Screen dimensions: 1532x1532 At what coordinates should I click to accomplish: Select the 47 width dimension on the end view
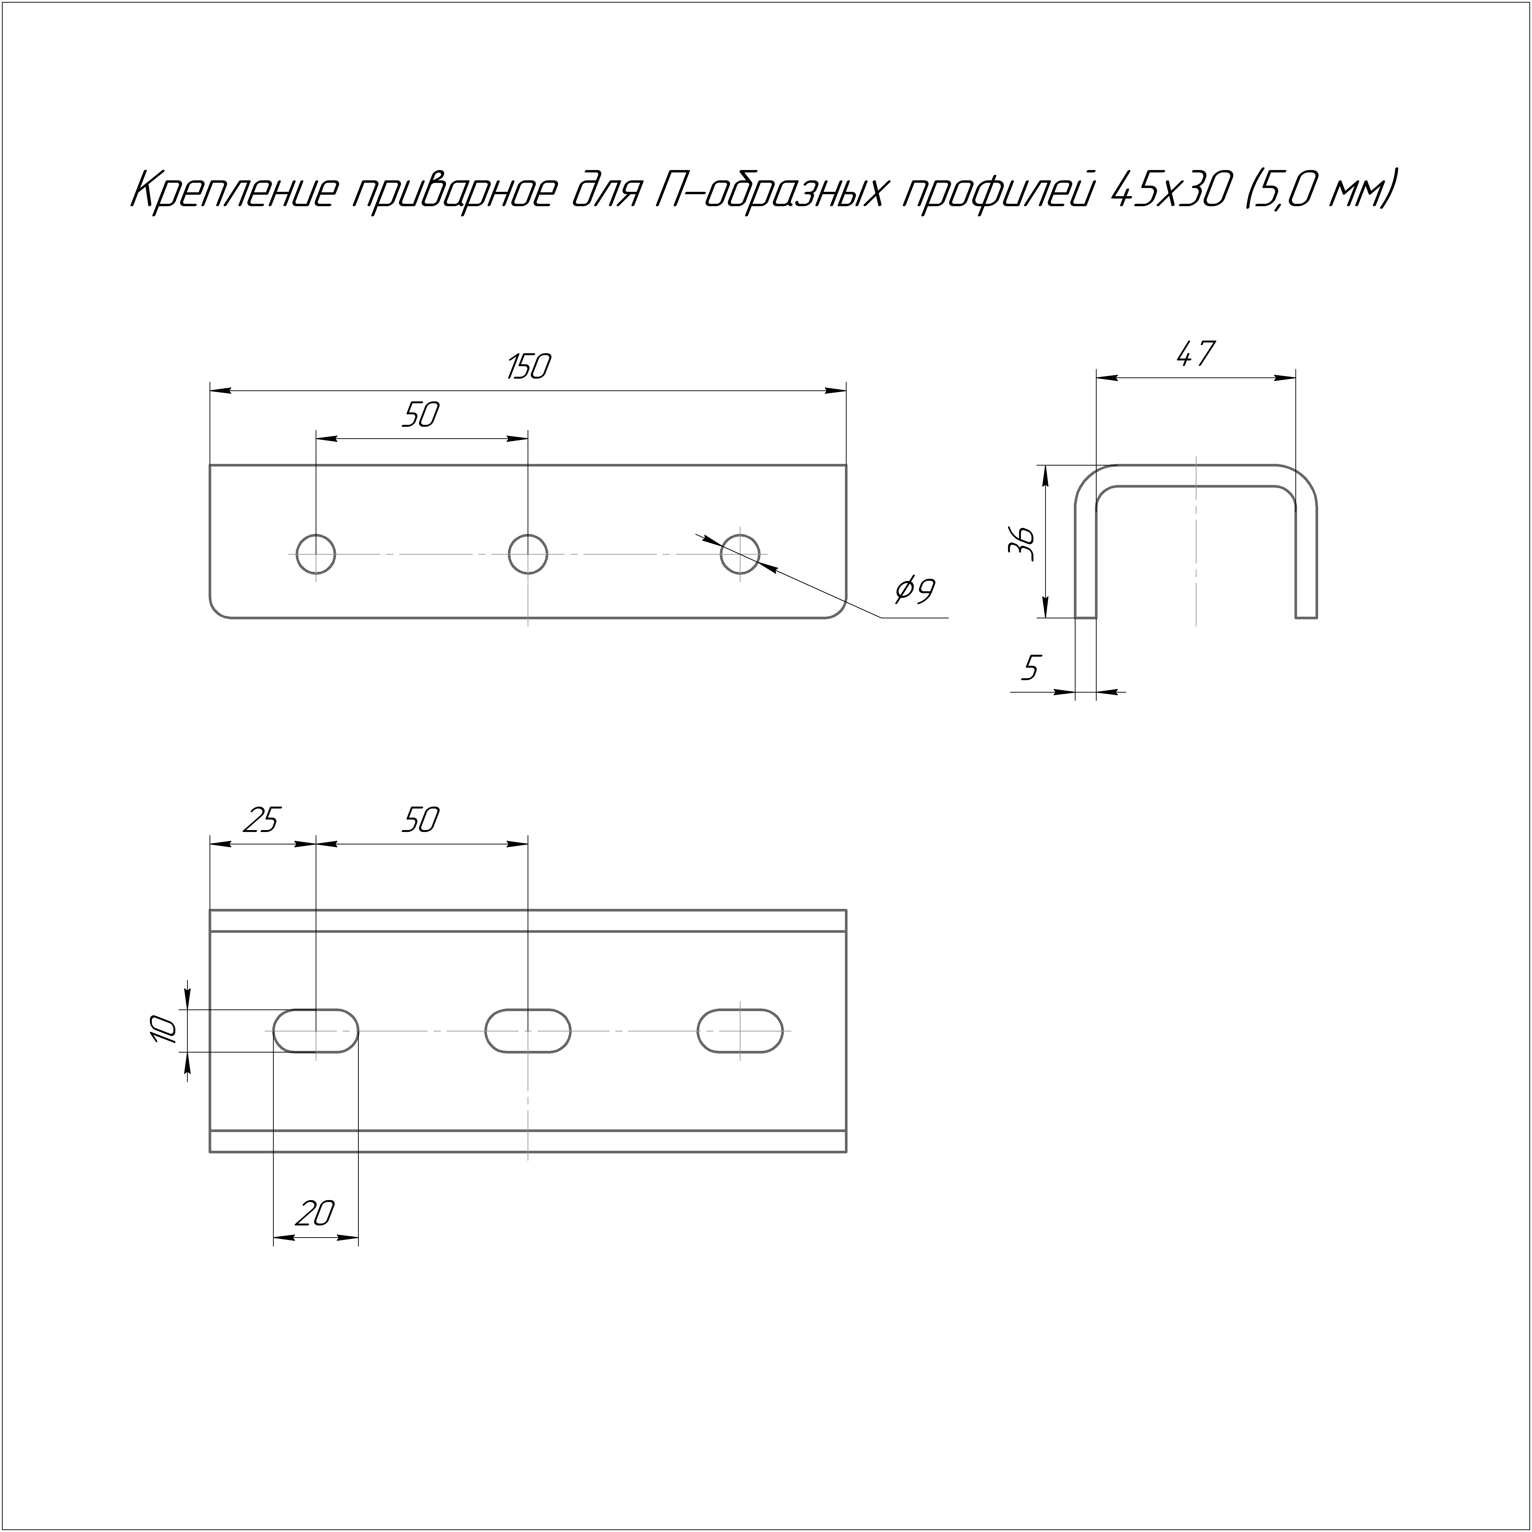tap(1195, 354)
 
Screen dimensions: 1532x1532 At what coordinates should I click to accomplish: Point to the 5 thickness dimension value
tap(1030, 668)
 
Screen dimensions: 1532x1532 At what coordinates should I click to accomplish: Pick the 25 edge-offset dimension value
tap(261, 820)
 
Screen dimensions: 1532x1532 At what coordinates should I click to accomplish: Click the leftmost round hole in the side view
tap(316, 553)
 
